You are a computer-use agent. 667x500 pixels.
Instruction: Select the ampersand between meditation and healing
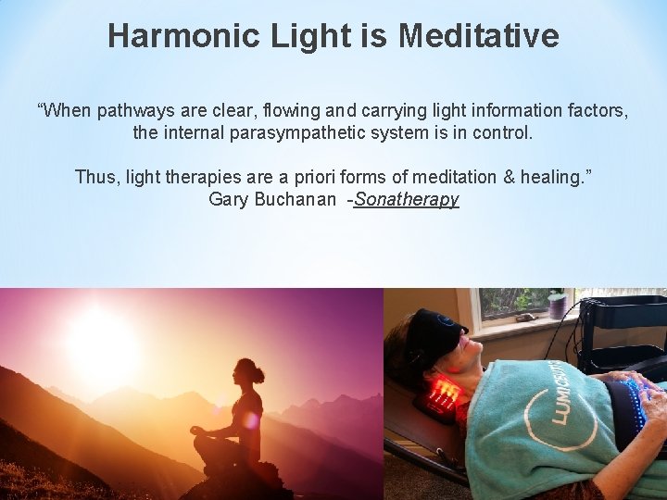[x=504, y=177]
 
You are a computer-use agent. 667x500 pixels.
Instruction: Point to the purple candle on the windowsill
[x=558, y=305]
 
